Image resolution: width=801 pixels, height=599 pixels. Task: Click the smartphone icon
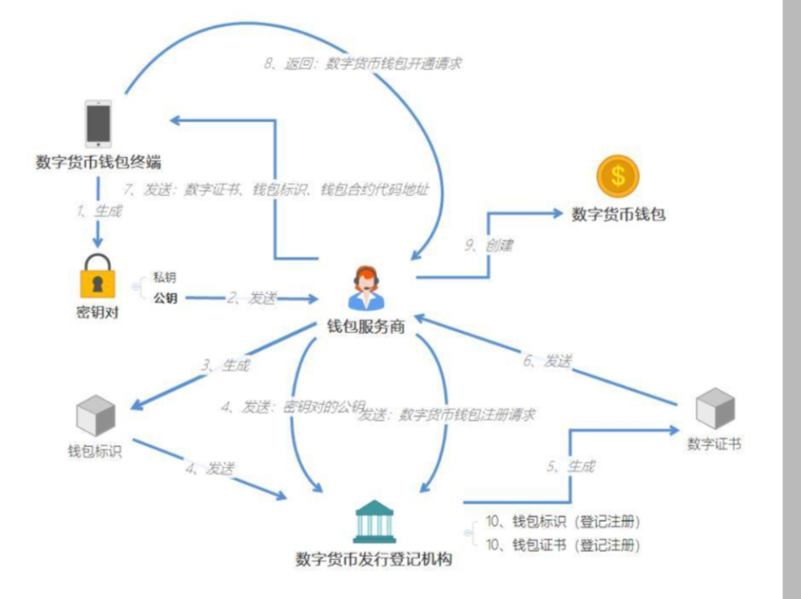pyautogui.click(x=98, y=124)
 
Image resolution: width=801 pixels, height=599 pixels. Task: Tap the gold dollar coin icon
pyautogui.click(x=618, y=176)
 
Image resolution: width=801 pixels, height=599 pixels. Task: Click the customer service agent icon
pyautogui.click(x=366, y=288)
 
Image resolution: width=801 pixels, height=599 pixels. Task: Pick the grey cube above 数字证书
pyautogui.click(x=715, y=409)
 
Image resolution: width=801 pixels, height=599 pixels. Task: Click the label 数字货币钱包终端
pyautogui.click(x=98, y=162)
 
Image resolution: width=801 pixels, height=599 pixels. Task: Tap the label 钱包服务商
pyautogui.click(x=366, y=327)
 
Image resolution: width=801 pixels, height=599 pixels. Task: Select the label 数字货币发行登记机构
pyautogui.click(x=374, y=559)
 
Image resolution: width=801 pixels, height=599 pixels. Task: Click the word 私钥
pyautogui.click(x=164, y=278)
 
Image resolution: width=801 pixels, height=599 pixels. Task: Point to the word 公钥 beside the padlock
pyautogui.click(x=165, y=298)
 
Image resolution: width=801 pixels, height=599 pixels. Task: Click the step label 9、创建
pyautogui.click(x=489, y=245)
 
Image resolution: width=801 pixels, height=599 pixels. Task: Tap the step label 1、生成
pyautogui.click(x=99, y=211)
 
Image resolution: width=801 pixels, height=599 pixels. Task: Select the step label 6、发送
pyautogui.click(x=548, y=361)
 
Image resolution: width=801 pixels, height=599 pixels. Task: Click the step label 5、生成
pyautogui.click(x=571, y=467)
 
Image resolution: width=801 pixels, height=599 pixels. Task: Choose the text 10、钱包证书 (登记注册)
pyautogui.click(x=562, y=545)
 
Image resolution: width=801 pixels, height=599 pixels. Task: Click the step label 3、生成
pyautogui.click(x=226, y=365)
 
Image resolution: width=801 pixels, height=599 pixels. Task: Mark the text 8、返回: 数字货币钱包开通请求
pyautogui.click(x=363, y=64)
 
